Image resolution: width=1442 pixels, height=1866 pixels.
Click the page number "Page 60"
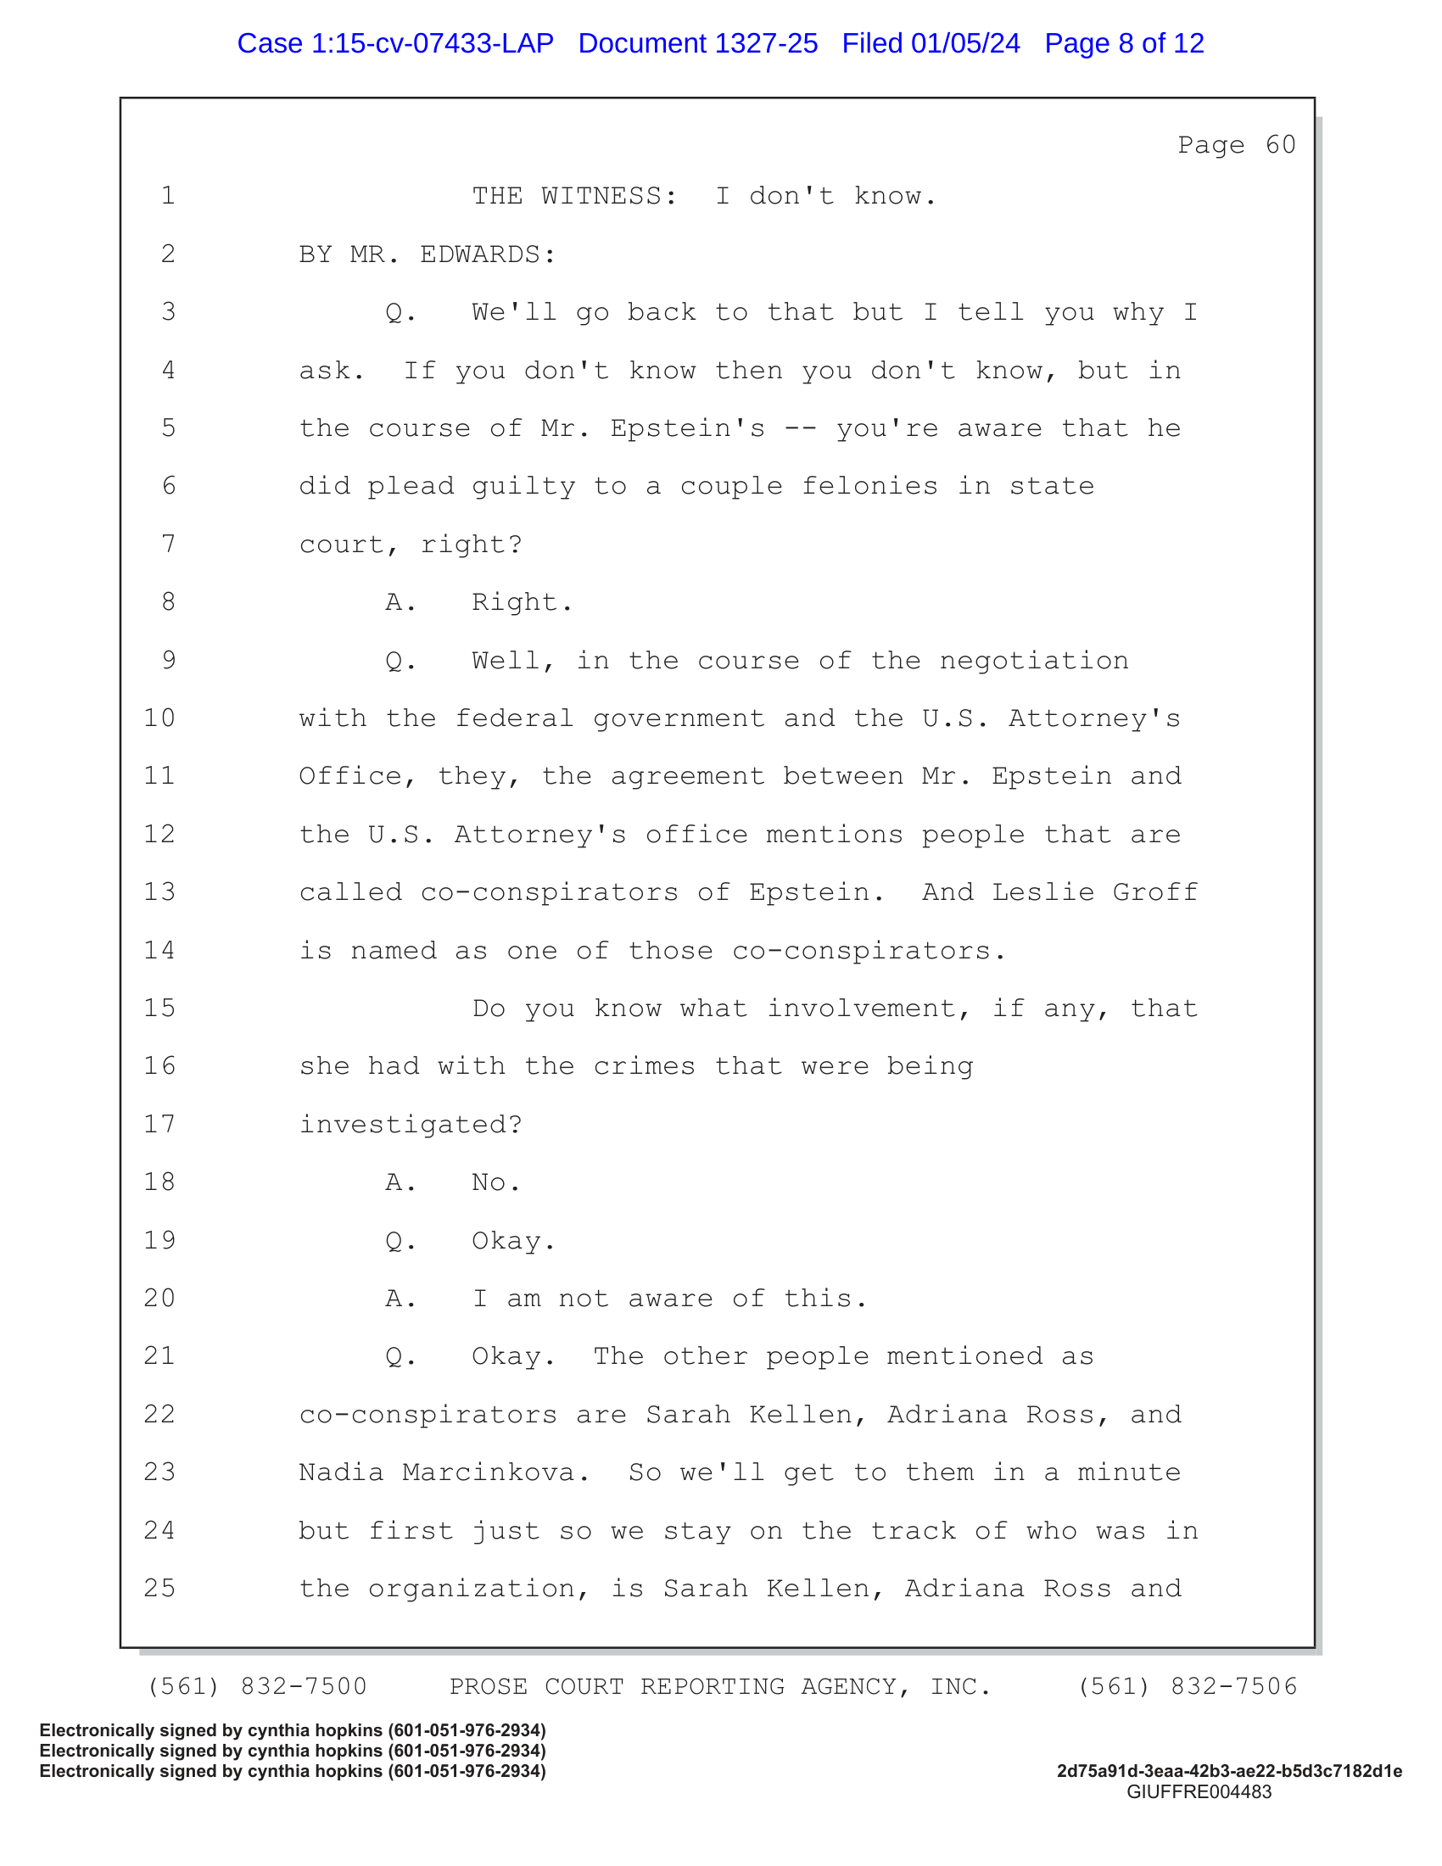[1236, 144]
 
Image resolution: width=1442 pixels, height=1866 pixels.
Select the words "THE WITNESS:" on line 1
[574, 197]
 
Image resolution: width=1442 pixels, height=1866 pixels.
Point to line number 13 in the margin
[159, 892]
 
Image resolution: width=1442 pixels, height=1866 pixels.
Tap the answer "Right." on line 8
[522, 602]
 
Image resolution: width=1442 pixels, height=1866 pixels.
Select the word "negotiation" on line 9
[1034, 661]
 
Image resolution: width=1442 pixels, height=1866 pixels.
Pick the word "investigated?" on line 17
[410, 1125]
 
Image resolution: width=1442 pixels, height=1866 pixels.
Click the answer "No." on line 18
[495, 1182]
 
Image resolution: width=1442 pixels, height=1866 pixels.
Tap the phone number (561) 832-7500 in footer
[257, 1686]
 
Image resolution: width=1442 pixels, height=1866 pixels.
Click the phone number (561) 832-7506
[1188, 1686]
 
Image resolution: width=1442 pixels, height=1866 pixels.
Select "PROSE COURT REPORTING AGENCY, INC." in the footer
[720, 1686]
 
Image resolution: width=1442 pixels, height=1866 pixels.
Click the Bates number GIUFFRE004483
[1199, 1792]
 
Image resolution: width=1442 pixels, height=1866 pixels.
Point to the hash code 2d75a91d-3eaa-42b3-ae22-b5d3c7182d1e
[1228, 1771]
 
